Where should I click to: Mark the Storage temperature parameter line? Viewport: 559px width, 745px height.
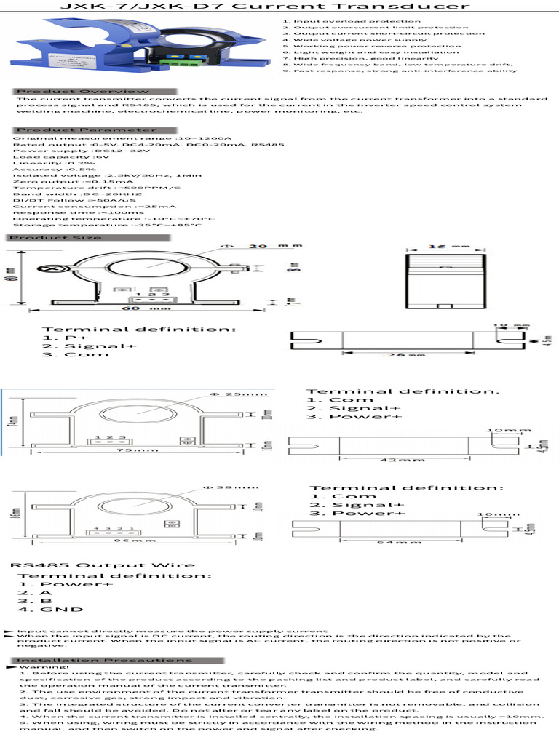[107, 225]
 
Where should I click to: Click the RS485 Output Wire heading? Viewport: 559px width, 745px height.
[102, 565]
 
